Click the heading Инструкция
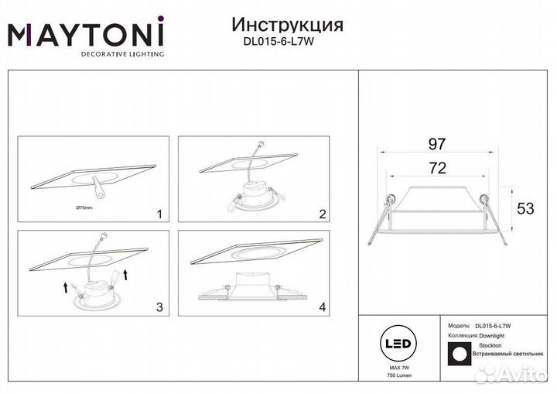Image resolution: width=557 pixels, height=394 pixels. click(287, 25)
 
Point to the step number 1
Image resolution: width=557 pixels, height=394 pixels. click(159, 213)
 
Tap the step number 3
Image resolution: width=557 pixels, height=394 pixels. click(159, 307)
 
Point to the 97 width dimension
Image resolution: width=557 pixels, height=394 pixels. click(438, 144)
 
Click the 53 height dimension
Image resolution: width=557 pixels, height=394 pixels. click(526, 209)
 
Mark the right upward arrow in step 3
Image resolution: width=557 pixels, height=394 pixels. click(124, 275)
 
